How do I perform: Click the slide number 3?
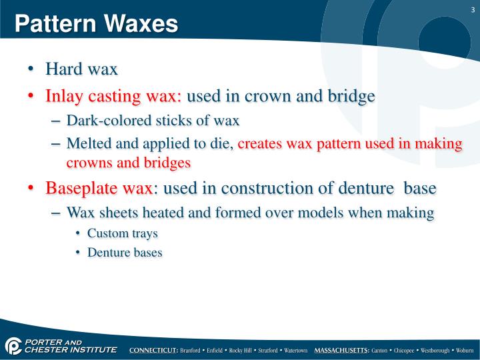(x=472, y=9)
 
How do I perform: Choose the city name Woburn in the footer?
(x=464, y=350)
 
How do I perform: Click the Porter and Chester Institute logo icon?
(x=13, y=347)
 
